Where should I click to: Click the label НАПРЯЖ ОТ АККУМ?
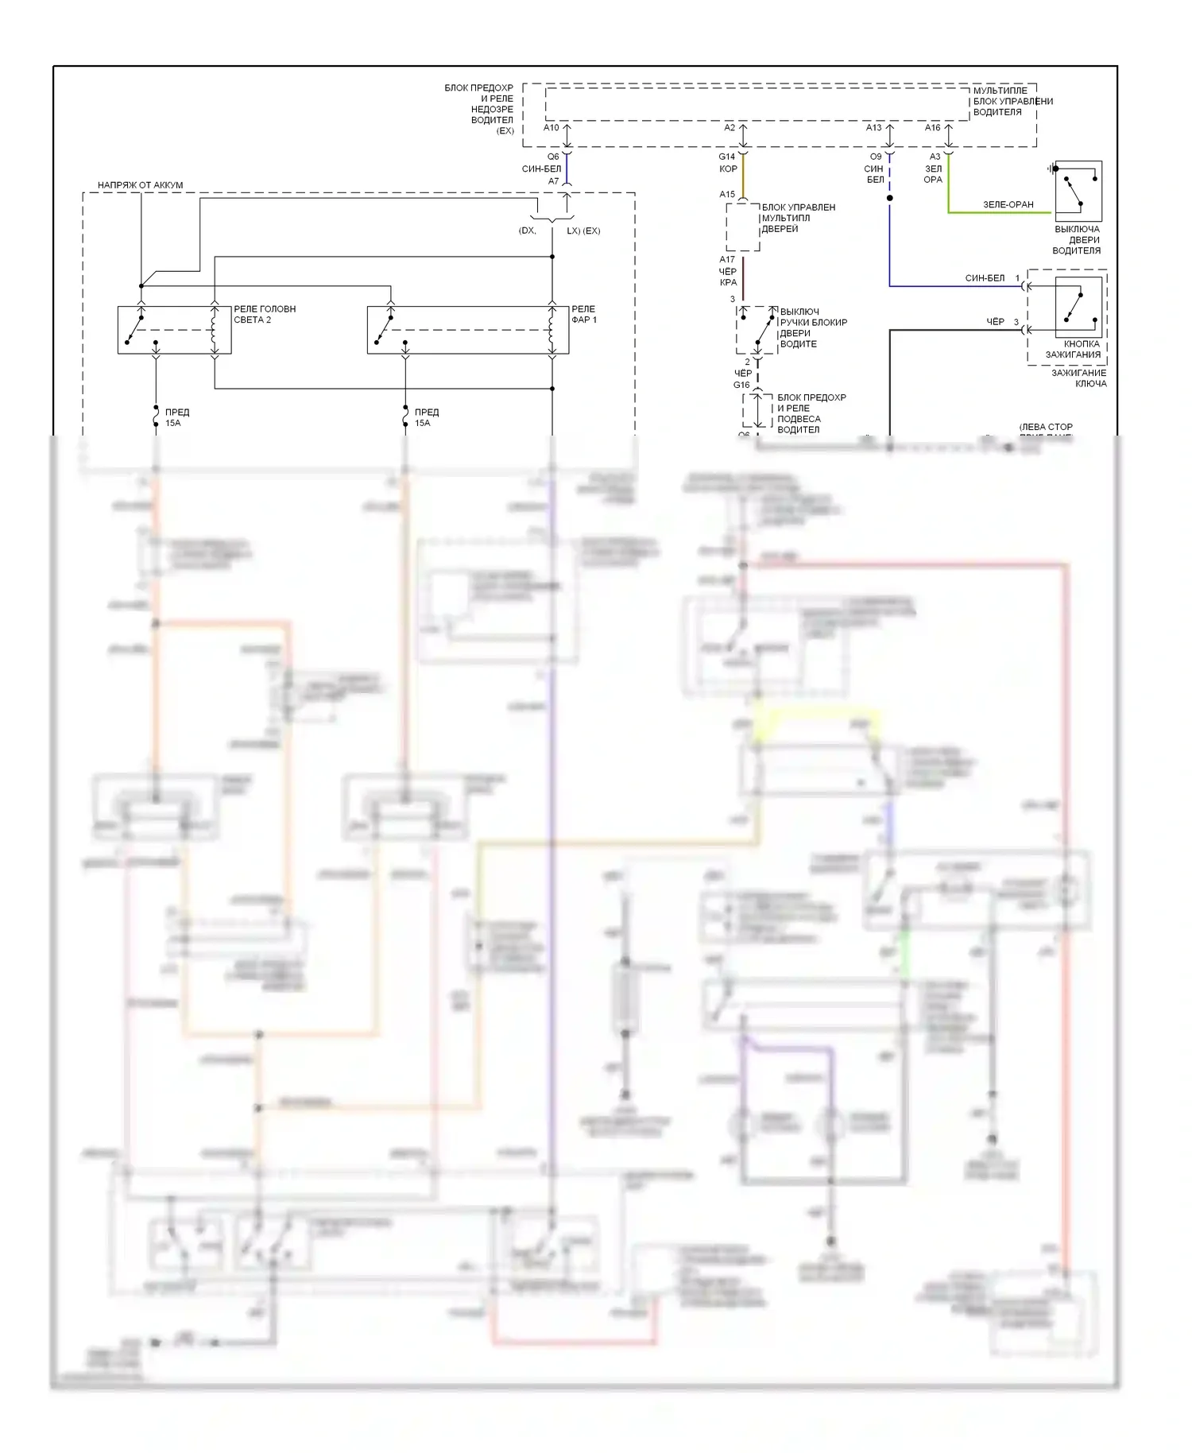pyautogui.click(x=140, y=185)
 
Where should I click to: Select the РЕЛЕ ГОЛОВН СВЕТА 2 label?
pyautogui.click(x=264, y=314)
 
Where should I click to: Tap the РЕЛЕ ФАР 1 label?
pyautogui.click(x=583, y=314)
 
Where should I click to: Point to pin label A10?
pyautogui.click(x=551, y=128)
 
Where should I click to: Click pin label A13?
pyautogui.click(x=873, y=128)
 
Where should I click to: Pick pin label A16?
pyautogui.click(x=932, y=128)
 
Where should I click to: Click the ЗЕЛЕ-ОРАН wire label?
pyautogui.click(x=1008, y=205)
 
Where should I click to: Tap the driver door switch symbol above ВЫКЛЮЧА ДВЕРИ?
pyautogui.click(x=1078, y=191)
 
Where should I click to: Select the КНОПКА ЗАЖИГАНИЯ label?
pyautogui.click(x=1073, y=350)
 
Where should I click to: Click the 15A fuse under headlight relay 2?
pyautogui.click(x=157, y=417)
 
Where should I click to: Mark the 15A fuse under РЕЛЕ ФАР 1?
pyautogui.click(x=405, y=417)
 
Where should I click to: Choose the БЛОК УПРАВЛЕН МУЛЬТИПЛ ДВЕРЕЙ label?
pyautogui.click(x=798, y=218)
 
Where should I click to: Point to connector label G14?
pyautogui.click(x=726, y=157)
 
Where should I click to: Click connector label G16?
pyautogui.click(x=741, y=386)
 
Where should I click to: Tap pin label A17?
pyautogui.click(x=726, y=260)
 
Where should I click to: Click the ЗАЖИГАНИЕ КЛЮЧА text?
pyautogui.click(x=1078, y=378)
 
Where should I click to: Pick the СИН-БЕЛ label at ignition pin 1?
pyautogui.click(x=984, y=278)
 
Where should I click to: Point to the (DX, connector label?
pyautogui.click(x=527, y=231)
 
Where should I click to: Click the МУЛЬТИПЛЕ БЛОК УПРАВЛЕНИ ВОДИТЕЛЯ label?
pyautogui.click(x=1012, y=102)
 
